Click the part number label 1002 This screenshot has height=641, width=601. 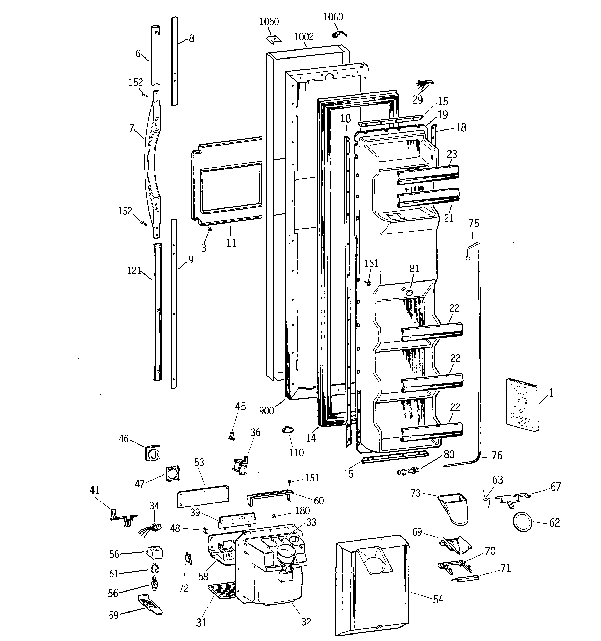[x=304, y=37]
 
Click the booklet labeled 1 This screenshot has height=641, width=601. [x=522, y=405]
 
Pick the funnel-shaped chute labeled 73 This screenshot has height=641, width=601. [x=453, y=508]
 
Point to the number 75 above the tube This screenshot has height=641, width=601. [x=474, y=223]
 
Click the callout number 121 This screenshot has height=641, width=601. [x=134, y=270]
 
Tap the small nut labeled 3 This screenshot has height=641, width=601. [x=209, y=229]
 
